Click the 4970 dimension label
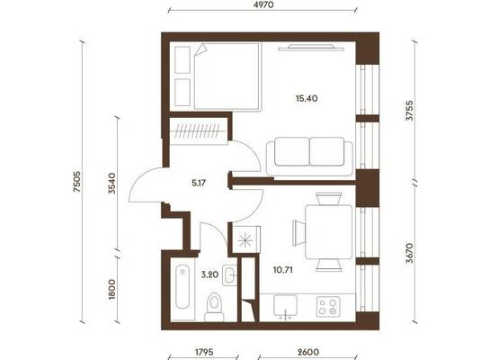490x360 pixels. click(x=264, y=4)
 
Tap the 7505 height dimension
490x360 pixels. click(x=77, y=182)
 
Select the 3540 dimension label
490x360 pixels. click(x=111, y=184)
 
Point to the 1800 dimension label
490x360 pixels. click(x=111, y=289)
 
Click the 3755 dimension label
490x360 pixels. click(x=409, y=111)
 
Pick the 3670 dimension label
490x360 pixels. click(x=409, y=253)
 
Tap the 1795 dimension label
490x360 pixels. click(x=204, y=352)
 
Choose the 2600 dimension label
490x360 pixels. click(x=308, y=352)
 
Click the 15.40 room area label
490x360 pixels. click(x=307, y=98)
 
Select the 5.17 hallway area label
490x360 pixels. click(x=199, y=183)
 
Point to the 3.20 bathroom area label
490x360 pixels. click(x=209, y=274)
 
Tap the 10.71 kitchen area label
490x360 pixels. click(x=283, y=270)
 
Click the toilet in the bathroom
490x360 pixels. click(x=214, y=307)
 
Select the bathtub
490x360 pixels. click(x=183, y=287)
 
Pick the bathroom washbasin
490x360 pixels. click(x=230, y=275)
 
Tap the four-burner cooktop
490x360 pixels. click(x=328, y=307)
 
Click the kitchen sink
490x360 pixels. click(x=285, y=306)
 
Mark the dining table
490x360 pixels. click(x=329, y=232)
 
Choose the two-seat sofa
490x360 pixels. click(x=309, y=156)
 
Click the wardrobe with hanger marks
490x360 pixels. click(x=199, y=131)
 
